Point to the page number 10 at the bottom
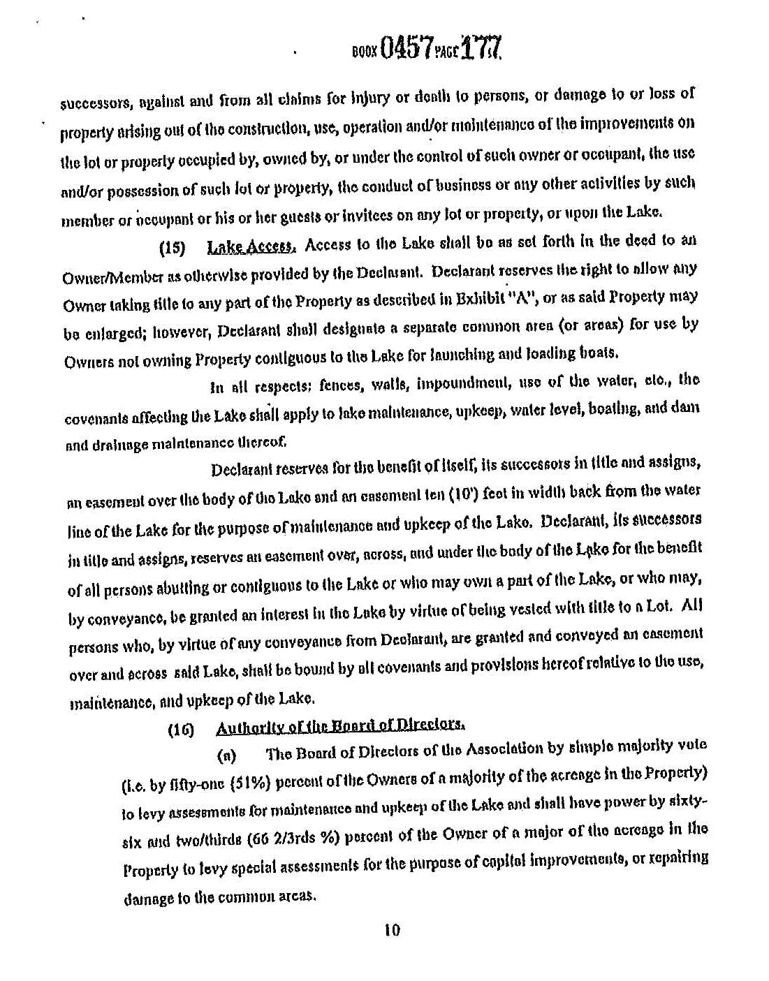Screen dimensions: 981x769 pos(391,930)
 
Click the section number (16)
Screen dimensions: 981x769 pos(181,732)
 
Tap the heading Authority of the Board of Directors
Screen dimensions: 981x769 pos(341,729)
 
